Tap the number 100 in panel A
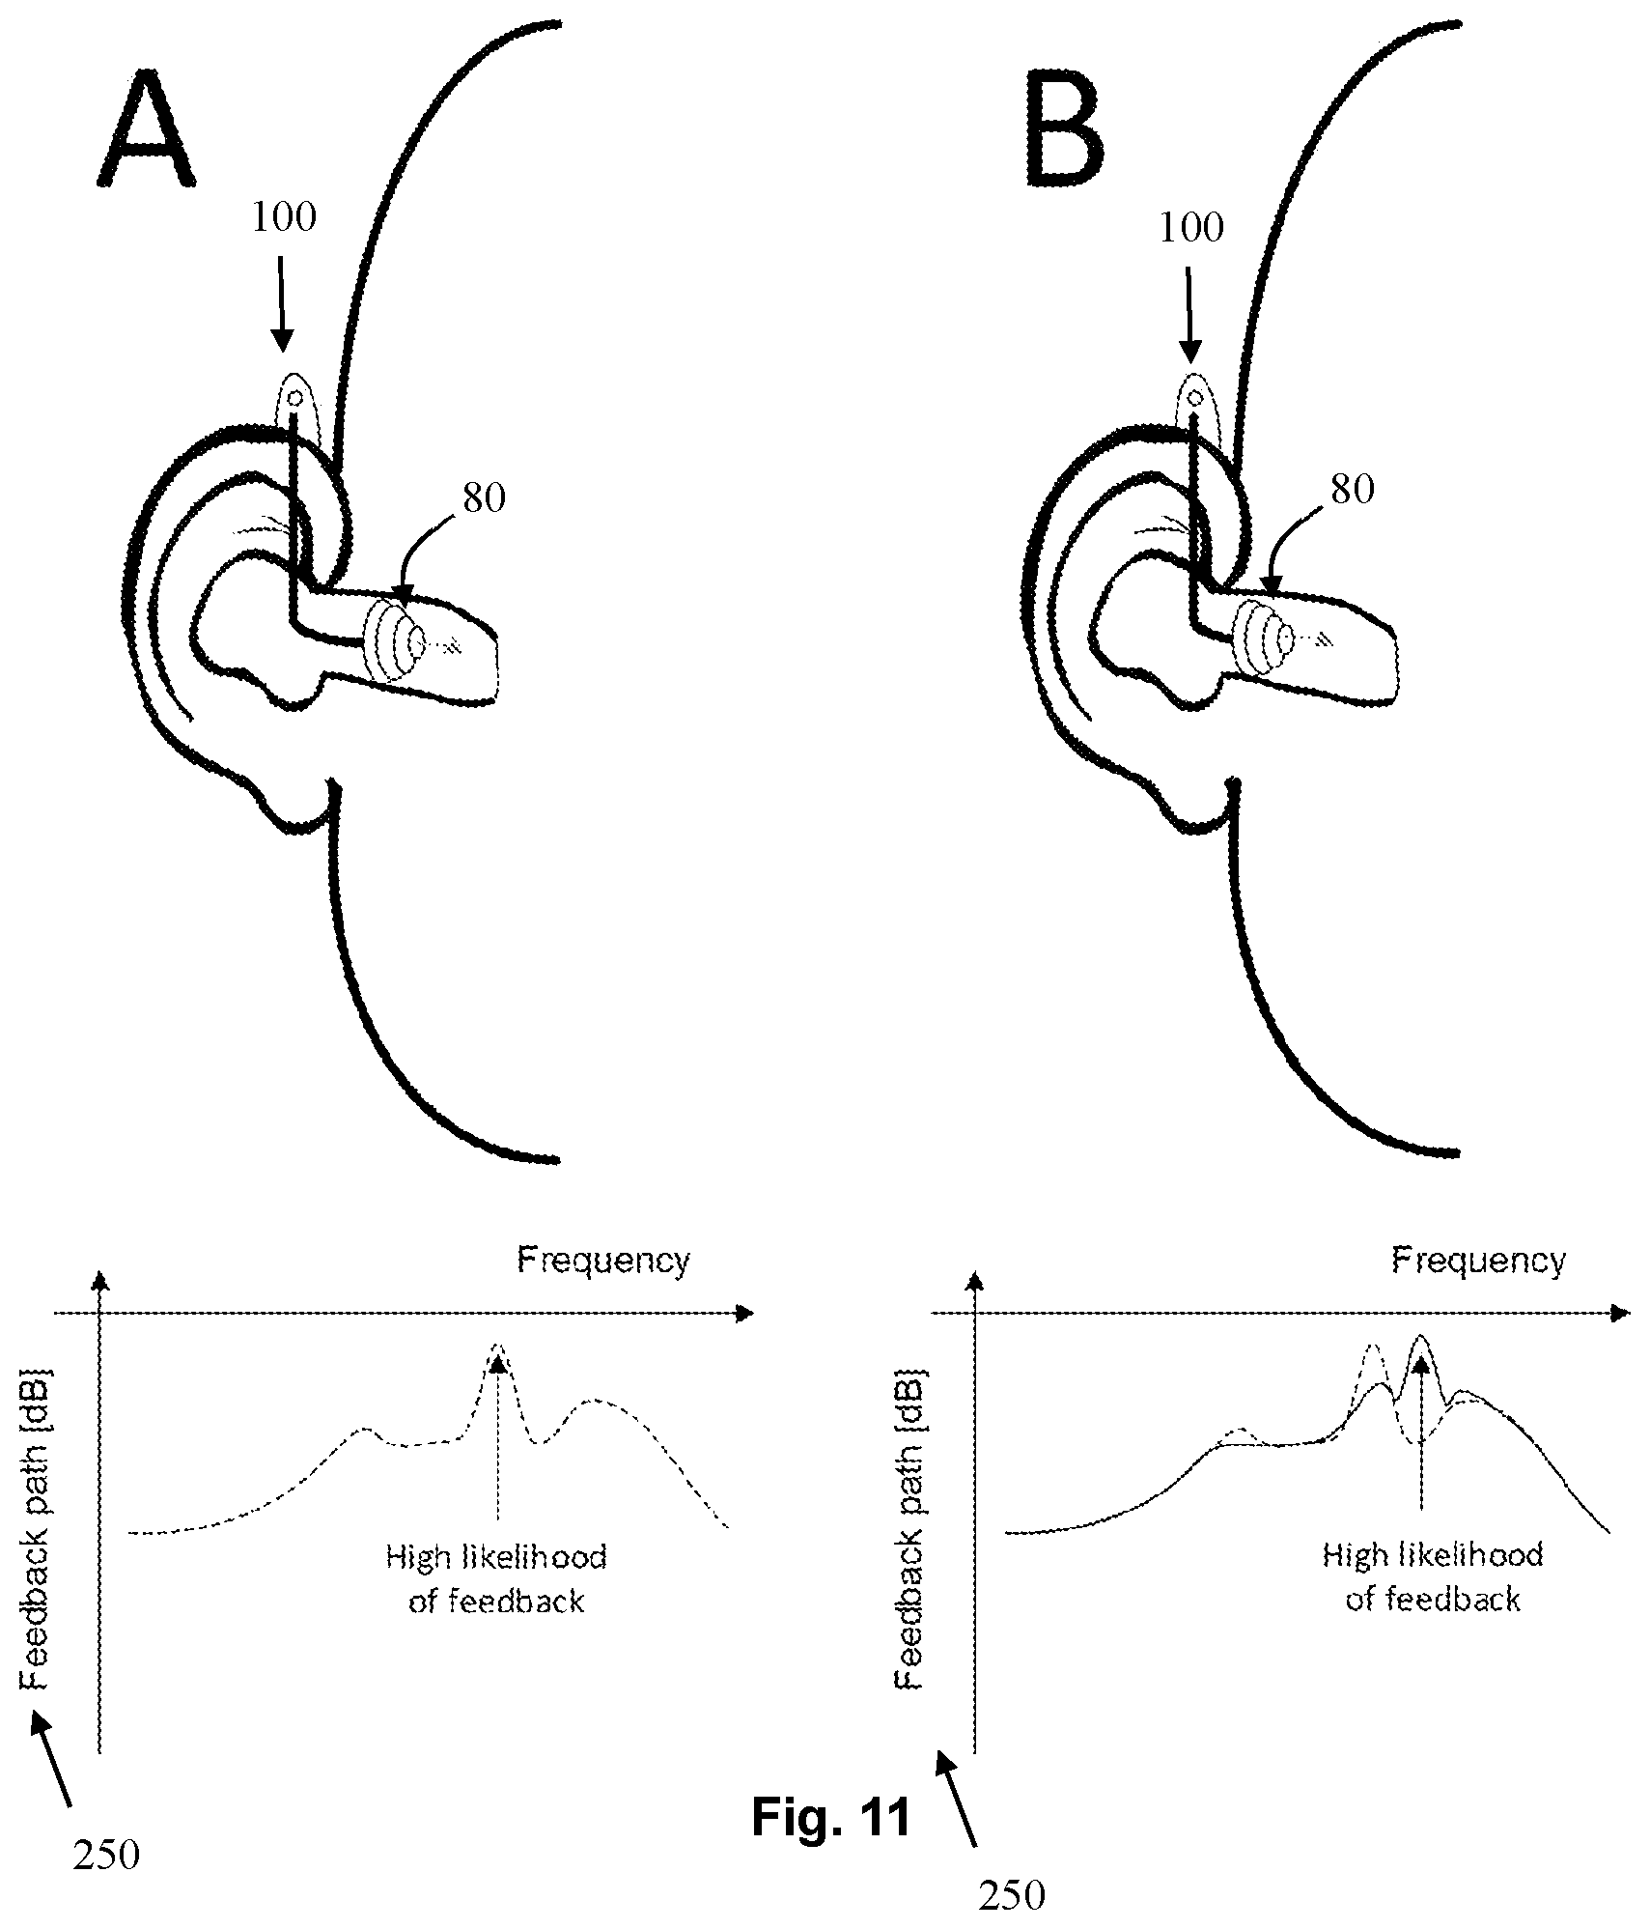point(284,218)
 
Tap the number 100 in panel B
point(1191,228)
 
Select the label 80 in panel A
point(485,498)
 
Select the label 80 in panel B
point(1353,490)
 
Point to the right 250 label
point(1012,1896)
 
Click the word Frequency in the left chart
point(604,1261)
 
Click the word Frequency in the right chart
point(1478,1261)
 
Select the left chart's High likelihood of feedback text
point(496,1578)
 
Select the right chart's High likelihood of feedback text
point(1433,1576)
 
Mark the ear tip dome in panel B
point(1266,638)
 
